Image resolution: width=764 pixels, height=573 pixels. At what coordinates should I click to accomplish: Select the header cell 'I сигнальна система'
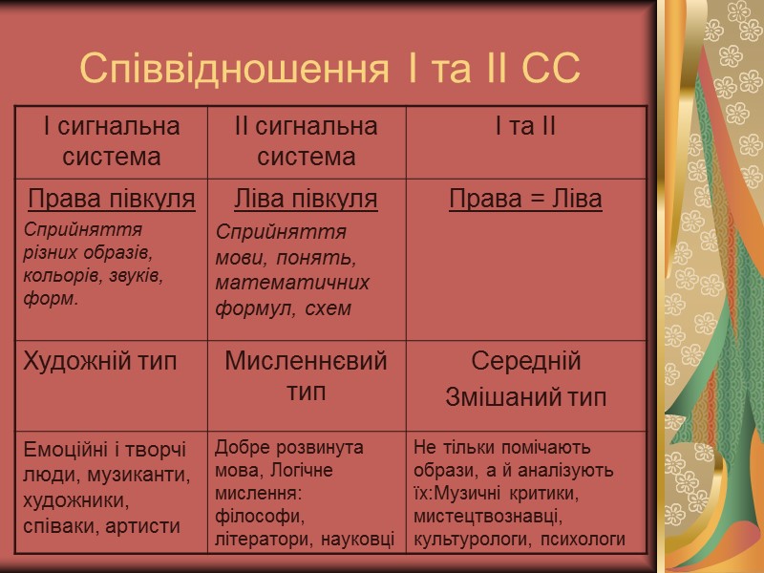(x=112, y=140)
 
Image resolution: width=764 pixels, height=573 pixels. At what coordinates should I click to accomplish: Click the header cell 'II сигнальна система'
(x=307, y=140)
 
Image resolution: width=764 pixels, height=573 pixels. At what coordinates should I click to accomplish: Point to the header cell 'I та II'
(x=526, y=127)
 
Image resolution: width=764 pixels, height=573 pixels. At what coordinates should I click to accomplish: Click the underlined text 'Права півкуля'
(x=112, y=199)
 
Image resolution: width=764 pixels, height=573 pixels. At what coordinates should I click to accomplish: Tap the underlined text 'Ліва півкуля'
(x=307, y=199)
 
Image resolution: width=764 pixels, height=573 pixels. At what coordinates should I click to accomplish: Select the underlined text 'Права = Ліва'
(x=526, y=199)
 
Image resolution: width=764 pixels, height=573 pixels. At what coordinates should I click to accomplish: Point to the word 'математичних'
(x=292, y=283)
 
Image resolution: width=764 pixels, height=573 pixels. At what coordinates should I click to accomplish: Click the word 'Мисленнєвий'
(x=307, y=362)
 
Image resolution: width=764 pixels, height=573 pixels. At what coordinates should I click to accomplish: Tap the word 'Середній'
(x=526, y=362)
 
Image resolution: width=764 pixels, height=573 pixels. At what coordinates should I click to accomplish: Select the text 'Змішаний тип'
(x=526, y=397)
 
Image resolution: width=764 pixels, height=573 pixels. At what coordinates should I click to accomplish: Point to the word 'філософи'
(x=254, y=517)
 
